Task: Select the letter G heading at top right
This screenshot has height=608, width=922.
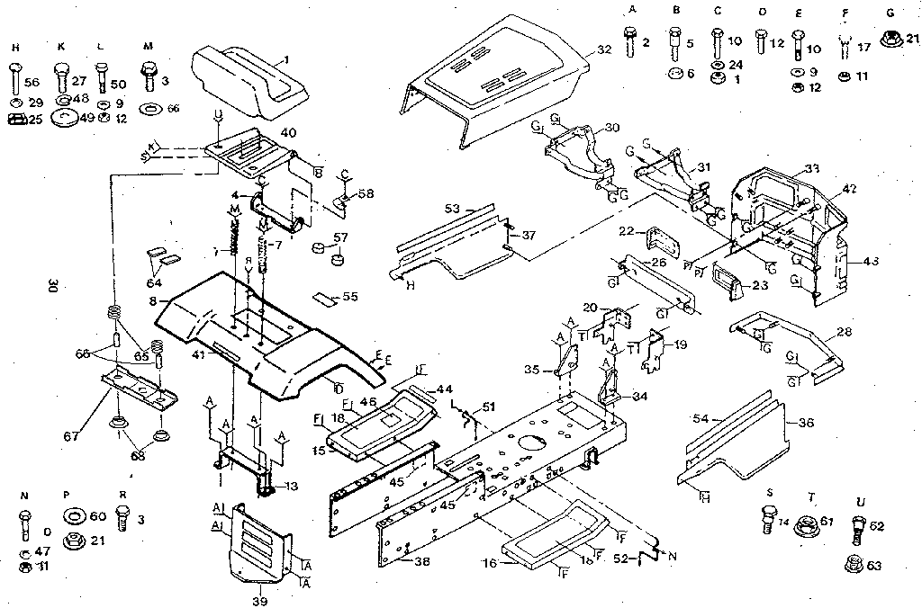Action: (889, 12)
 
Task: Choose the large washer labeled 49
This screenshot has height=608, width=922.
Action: (64, 118)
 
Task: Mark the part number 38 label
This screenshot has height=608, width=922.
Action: (420, 561)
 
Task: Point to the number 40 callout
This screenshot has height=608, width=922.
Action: (288, 133)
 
